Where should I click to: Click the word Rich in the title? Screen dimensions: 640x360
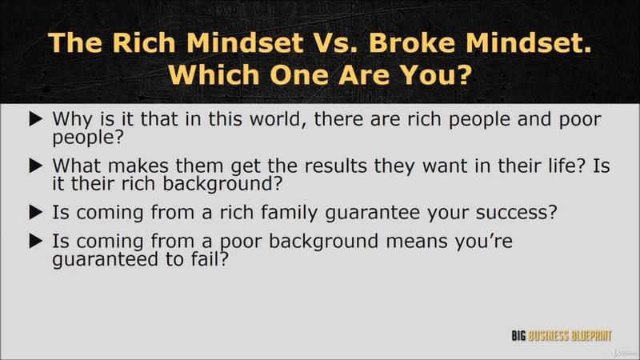coord(144,42)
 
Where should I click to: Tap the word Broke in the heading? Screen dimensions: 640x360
coord(413,42)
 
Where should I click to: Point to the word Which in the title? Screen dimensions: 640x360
coord(214,74)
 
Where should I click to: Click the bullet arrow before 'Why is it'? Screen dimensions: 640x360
coord(36,119)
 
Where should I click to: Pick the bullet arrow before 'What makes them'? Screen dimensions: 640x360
coord(36,166)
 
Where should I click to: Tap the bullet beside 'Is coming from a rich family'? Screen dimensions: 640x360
coord(36,212)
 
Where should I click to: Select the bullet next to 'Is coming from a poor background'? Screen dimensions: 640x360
coord(36,241)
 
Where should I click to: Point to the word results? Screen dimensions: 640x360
coord(335,166)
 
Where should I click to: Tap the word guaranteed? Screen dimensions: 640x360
coord(106,260)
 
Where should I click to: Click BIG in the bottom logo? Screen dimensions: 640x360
coord(518,336)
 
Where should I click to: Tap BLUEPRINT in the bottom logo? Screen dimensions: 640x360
coord(591,336)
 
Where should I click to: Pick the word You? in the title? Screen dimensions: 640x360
coord(435,74)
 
